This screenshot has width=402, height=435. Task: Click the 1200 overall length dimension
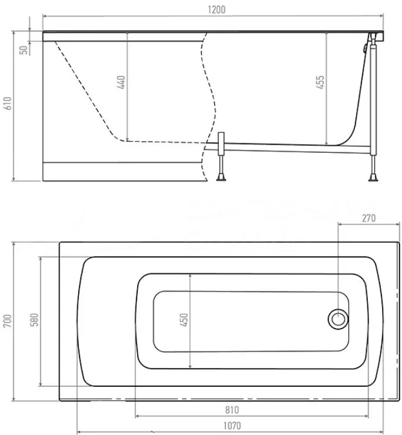[x=217, y=10]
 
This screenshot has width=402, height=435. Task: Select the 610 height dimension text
[x=8, y=103]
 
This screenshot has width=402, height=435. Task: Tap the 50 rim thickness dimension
[x=24, y=50]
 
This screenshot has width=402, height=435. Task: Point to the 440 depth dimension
[x=121, y=82]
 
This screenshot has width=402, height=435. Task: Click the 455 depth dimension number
[x=320, y=82]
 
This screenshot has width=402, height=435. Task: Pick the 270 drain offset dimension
[x=368, y=218]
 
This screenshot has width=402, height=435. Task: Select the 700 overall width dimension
[x=8, y=321]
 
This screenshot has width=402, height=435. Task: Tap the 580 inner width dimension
[x=35, y=320]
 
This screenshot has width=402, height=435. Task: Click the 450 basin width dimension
[x=184, y=320]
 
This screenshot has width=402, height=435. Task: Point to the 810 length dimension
[x=232, y=410]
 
